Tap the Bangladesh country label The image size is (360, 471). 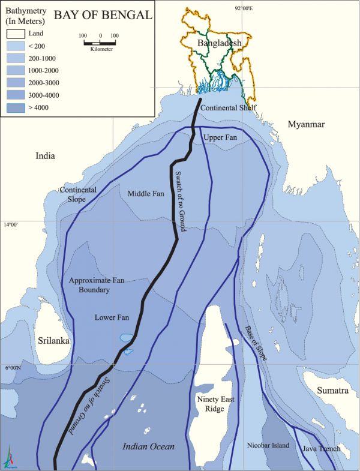[219, 43]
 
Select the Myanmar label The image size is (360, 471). [306, 124]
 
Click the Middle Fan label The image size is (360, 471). [146, 194]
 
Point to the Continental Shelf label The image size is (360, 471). [228, 108]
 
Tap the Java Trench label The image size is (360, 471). [321, 449]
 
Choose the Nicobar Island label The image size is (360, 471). [268, 446]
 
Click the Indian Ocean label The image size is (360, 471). [148, 446]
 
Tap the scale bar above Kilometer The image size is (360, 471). [100, 43]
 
